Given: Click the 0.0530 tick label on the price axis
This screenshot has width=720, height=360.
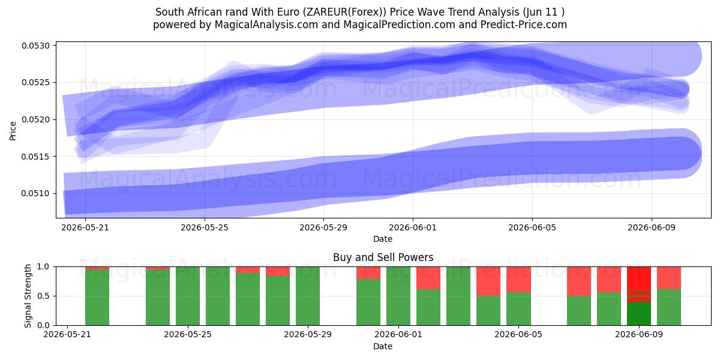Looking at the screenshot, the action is tap(35, 46).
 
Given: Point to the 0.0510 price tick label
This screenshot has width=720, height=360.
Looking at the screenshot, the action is tap(35, 193).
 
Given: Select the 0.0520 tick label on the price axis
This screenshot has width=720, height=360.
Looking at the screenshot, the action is tap(35, 119).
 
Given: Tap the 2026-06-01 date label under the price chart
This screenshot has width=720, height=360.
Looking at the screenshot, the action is tap(413, 227).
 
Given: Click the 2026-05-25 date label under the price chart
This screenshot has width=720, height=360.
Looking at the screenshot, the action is tap(205, 227).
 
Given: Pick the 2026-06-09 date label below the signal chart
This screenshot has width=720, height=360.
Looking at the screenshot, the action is tap(639, 334).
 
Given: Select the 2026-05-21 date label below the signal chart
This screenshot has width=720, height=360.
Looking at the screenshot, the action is tap(67, 334).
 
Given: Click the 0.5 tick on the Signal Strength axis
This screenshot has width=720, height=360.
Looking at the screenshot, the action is tap(43, 296).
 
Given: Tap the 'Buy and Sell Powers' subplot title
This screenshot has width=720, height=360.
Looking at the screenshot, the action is tap(383, 257).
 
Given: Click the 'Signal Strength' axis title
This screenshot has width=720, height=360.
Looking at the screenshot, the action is tap(28, 296).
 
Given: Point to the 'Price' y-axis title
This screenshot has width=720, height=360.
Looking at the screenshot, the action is tap(13, 131).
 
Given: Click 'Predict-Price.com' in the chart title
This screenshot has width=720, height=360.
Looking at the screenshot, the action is tap(524, 25).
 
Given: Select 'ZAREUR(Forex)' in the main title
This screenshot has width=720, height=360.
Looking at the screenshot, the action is tap(345, 12).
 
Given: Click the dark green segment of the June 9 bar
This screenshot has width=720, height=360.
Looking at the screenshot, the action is tap(639, 314).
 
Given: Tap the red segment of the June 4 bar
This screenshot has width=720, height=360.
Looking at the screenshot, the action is tap(488, 281).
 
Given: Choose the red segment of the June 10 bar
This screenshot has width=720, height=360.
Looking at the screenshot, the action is tap(669, 278).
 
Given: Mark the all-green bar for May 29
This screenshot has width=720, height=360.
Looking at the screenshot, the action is tap(308, 296).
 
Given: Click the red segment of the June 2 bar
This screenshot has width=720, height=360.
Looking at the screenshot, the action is tap(428, 278).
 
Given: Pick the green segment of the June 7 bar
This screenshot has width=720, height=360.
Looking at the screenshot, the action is tap(579, 311).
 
